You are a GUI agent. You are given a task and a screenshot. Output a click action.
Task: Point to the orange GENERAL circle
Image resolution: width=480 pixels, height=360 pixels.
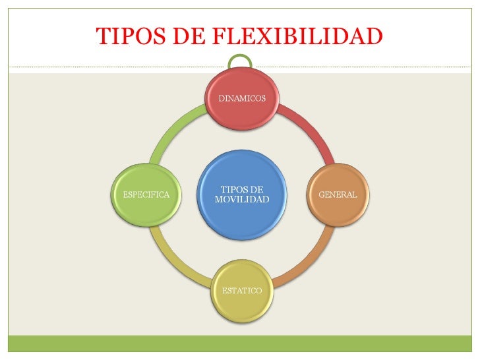(x=338, y=195)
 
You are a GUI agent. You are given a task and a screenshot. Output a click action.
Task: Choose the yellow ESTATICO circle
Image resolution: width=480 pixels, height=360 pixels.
(x=242, y=291)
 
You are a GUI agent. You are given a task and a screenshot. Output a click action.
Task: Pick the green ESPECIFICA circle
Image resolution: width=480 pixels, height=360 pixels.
(x=146, y=195)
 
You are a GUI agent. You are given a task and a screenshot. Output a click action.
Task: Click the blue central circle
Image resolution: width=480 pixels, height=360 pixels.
(x=242, y=195)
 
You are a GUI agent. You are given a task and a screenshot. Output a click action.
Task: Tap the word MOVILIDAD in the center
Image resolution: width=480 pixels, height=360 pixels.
(x=242, y=200)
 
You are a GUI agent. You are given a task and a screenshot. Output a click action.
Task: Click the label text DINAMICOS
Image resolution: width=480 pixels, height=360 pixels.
(x=242, y=98)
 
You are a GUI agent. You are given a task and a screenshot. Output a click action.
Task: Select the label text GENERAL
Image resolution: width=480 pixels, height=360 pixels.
(x=338, y=195)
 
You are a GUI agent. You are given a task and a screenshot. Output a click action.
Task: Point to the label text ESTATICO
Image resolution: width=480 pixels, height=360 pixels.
(x=242, y=291)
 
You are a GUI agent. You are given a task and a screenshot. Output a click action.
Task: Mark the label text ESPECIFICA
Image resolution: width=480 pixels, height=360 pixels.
(x=146, y=195)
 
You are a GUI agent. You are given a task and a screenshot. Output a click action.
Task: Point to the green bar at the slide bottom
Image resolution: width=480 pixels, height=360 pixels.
(x=240, y=344)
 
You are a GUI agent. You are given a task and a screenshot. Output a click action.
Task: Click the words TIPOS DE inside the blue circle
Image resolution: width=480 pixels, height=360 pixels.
(x=242, y=189)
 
